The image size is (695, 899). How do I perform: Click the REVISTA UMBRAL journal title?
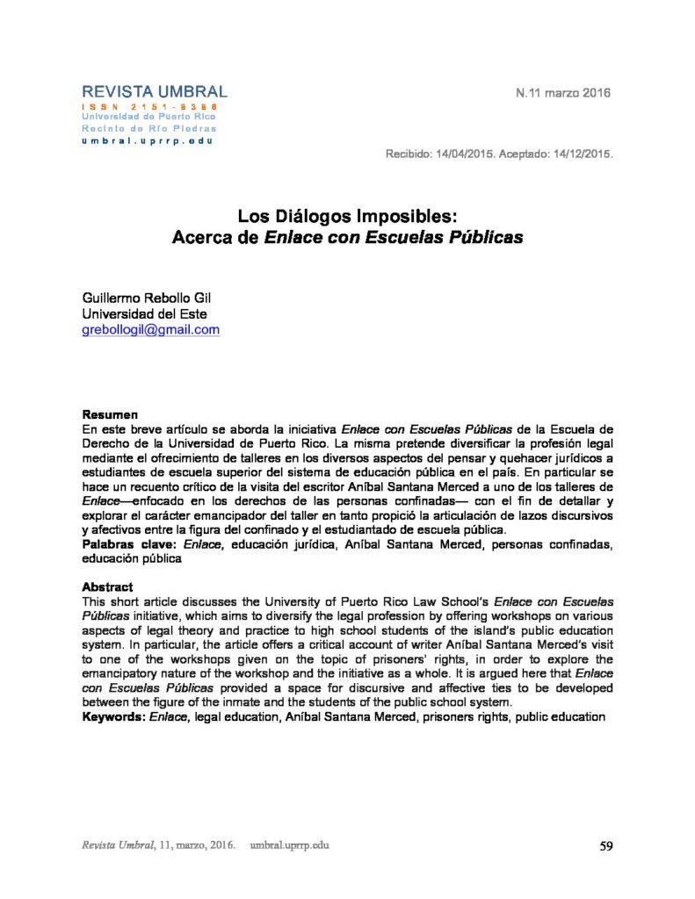click(155, 91)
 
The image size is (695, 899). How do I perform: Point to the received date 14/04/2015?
click(465, 154)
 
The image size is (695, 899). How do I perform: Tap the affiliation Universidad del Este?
click(145, 313)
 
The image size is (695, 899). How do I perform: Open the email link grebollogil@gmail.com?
click(150, 330)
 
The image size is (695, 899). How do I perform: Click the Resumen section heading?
click(110, 414)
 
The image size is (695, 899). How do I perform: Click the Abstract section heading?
click(107, 586)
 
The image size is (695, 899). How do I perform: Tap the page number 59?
click(605, 846)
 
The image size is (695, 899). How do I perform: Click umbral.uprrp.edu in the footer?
click(289, 845)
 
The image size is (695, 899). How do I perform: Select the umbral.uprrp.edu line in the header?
click(147, 140)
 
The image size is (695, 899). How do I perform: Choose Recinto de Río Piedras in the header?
click(147, 128)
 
